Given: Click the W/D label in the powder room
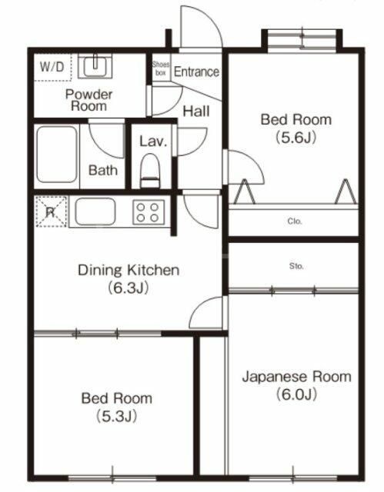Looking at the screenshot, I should tap(53, 66).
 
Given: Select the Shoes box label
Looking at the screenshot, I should tap(161, 69).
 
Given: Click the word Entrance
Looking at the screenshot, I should tap(196, 71).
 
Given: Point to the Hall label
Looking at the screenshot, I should tap(195, 111).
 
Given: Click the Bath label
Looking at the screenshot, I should tap(103, 170).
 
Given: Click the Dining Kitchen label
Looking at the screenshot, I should tap(129, 270).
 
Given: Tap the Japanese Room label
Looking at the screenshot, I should tap(296, 377).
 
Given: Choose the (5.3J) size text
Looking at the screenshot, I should tap(116, 417).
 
